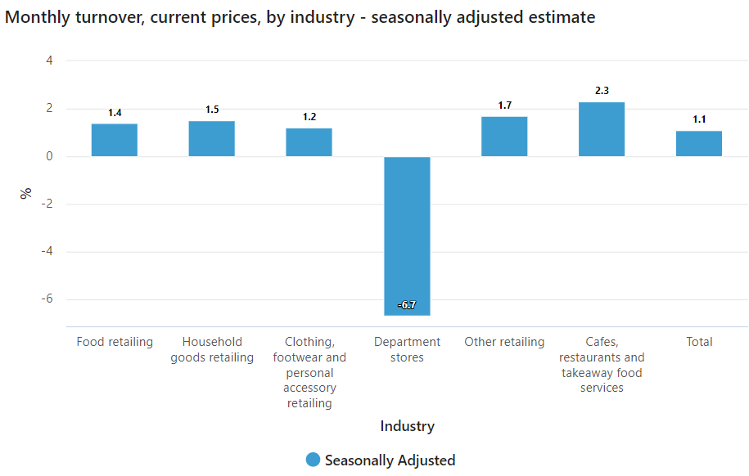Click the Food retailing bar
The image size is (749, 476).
tap(114, 140)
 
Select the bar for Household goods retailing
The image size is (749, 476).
tap(211, 139)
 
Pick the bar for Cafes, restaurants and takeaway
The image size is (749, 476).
tap(602, 129)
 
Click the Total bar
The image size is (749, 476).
tap(699, 143)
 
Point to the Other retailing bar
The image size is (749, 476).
tap(504, 137)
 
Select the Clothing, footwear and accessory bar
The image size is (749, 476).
tap(309, 142)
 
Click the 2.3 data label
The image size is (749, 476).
tap(602, 91)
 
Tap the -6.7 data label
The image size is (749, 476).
tap(407, 305)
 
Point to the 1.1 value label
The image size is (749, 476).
tap(699, 119)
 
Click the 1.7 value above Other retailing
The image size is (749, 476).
tap(504, 106)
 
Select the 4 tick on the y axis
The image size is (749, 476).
tap(49, 61)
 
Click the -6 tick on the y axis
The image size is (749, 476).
tap(47, 299)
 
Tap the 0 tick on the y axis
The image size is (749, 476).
tap(49, 156)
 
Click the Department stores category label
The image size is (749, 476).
tap(407, 349)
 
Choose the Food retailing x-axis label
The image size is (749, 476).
tap(115, 342)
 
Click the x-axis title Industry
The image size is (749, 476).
tap(407, 426)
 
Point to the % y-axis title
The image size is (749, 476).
tap(26, 193)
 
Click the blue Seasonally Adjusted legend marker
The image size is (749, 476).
tap(313, 460)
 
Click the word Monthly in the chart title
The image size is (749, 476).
tap(40, 16)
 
